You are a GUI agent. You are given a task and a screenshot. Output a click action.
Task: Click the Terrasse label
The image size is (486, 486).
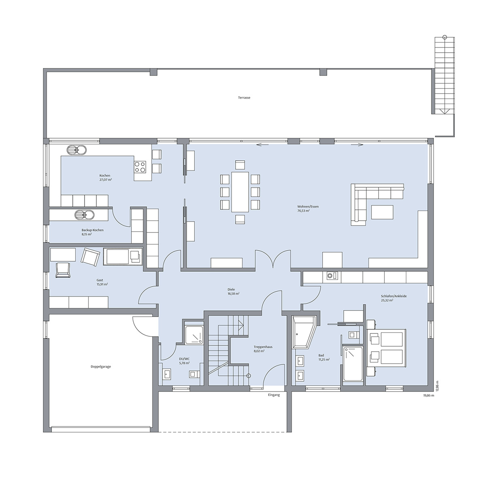244,98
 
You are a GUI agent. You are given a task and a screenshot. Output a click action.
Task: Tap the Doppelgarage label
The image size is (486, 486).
100,367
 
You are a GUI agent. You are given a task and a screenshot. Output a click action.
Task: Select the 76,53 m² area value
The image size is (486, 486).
303,210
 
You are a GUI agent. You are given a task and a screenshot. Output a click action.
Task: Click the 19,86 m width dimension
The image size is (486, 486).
429,395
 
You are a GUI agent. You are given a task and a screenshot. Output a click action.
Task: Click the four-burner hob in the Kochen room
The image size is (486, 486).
140,167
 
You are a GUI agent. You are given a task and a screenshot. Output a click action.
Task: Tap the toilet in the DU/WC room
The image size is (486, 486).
194,374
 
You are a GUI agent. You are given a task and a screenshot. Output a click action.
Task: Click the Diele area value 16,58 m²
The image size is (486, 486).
234,294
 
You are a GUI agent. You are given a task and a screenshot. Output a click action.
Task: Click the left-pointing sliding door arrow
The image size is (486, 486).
262,145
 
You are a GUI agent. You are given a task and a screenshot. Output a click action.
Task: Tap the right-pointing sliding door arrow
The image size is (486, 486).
357,145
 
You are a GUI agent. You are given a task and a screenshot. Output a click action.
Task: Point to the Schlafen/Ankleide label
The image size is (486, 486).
394,296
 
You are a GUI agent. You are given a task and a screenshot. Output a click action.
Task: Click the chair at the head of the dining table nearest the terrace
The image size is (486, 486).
240,165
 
